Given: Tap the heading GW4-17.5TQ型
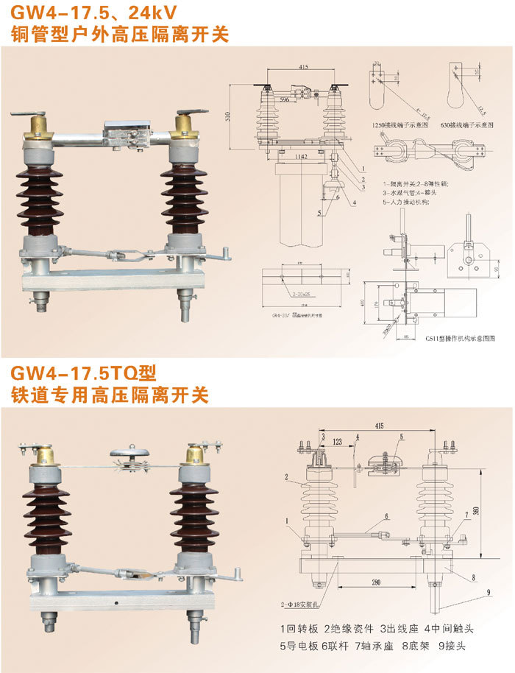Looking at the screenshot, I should point(85,373).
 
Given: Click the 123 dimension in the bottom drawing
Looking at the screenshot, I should point(337,442).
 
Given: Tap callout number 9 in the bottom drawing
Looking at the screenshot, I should point(487,592).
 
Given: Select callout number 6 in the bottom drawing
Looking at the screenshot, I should point(385,518).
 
